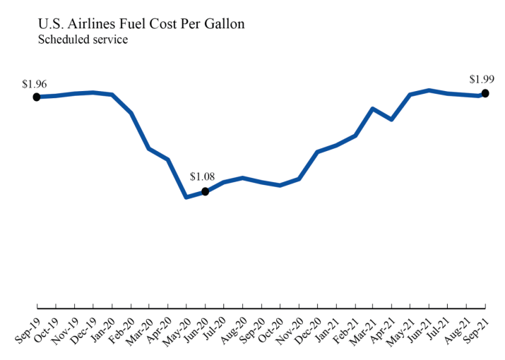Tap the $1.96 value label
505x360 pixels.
(35, 84)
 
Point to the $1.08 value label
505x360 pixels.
(202, 177)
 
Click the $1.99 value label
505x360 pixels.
(483, 79)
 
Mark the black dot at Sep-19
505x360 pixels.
(37, 97)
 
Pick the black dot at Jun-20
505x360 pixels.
(205, 191)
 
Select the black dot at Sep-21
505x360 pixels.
(485, 93)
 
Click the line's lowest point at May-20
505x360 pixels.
(186, 197)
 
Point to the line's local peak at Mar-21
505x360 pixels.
(373, 109)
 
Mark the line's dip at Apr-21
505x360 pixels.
(391, 120)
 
